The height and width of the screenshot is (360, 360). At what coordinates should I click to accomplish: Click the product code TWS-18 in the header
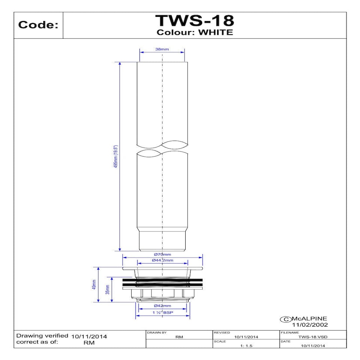(x=195, y=21)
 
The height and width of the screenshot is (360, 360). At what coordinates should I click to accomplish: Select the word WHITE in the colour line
(x=216, y=32)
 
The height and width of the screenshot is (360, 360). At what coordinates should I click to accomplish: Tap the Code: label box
(x=38, y=25)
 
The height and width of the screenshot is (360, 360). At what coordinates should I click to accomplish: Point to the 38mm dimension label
(x=162, y=49)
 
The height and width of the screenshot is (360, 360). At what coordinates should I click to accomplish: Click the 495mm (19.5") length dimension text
(x=116, y=156)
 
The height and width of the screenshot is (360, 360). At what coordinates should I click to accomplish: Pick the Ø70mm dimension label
(x=162, y=254)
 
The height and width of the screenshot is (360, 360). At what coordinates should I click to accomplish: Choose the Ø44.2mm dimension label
(x=162, y=260)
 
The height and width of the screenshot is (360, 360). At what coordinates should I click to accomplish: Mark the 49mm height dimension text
(x=94, y=285)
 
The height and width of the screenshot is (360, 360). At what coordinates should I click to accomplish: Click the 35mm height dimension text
(x=108, y=289)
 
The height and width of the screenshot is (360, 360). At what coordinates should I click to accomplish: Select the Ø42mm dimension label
(x=162, y=306)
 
